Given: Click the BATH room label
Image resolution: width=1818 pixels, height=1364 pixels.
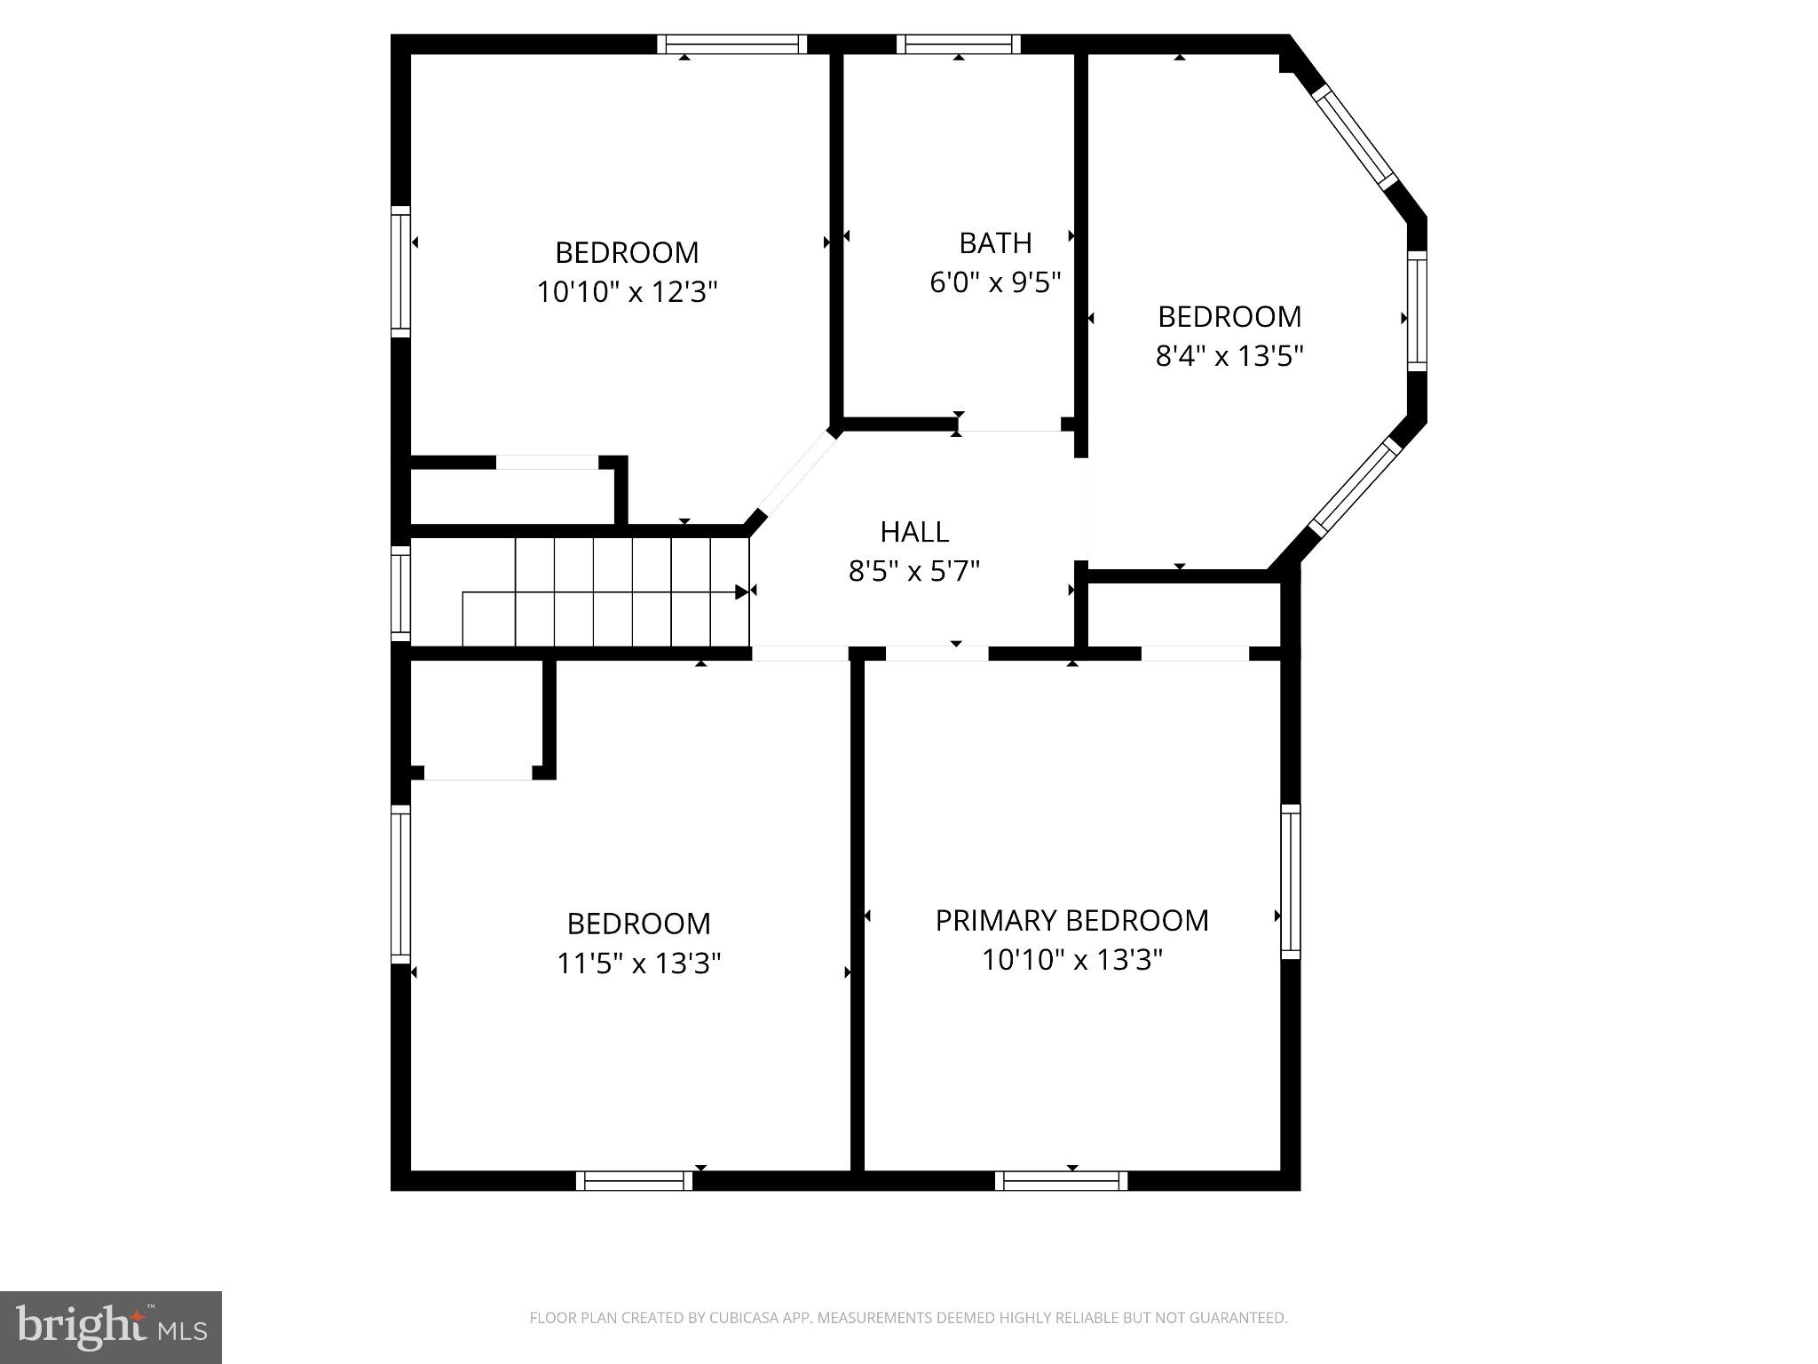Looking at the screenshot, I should tap(995, 242).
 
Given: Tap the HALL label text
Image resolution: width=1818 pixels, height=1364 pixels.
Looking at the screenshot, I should tap(914, 531).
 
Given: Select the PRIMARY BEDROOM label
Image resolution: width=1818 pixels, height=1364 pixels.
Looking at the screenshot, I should tap(1071, 920).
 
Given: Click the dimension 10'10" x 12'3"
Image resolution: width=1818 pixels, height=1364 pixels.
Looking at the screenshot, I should tap(627, 291).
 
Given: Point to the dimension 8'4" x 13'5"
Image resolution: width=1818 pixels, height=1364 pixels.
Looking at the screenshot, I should tap(1229, 356).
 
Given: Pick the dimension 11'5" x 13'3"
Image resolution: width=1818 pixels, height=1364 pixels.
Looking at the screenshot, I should tap(638, 963).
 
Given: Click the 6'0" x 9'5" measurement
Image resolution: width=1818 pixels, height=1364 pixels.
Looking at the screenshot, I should tap(995, 282).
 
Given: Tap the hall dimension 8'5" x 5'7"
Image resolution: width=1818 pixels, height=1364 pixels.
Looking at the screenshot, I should tap(914, 570).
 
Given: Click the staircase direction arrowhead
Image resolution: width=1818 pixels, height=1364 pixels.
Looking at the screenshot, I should tap(741, 591).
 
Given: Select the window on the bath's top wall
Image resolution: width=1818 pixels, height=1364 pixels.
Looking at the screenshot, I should tap(958, 44).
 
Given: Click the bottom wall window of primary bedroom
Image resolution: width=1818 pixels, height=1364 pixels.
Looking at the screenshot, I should tap(1061, 1180).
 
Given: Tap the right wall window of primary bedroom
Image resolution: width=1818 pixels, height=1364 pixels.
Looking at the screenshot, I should tap(1290, 881).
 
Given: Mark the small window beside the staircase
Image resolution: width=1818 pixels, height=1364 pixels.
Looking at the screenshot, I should tap(401, 592).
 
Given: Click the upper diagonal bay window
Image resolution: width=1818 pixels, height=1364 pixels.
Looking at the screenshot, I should tap(1355, 135).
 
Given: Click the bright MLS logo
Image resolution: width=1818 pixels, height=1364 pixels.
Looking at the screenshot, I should tap(110, 1327).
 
